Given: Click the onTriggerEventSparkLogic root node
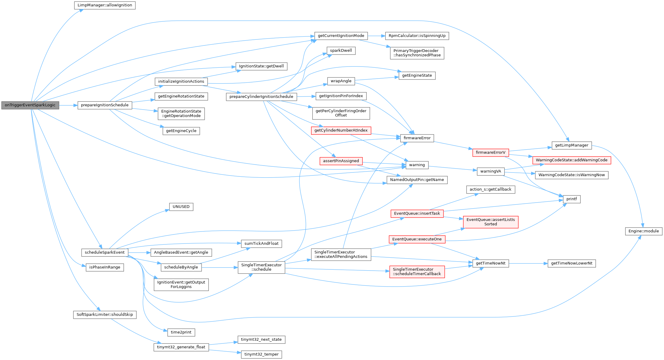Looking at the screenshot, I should (30, 105).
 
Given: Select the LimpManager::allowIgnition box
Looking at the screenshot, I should (105, 5).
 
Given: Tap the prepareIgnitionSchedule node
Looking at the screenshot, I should (105, 105).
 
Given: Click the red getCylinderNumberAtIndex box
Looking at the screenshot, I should (341, 130).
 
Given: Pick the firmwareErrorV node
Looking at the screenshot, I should (490, 152).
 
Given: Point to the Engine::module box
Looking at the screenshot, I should (644, 231).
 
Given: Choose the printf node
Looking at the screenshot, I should (571, 199).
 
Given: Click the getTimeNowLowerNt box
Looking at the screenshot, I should (571, 263).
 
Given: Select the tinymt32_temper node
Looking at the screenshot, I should (261, 354).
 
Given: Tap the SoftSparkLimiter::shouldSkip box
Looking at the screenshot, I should (105, 315).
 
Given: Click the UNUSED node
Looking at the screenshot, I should (181, 207).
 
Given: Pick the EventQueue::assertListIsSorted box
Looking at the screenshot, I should (490, 222).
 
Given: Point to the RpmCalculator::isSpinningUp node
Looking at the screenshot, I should (417, 36).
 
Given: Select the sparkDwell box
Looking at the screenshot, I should (341, 51).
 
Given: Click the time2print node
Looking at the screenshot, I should (181, 332).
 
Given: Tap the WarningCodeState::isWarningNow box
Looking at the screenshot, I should (571, 175).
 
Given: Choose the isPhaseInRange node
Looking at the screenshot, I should (105, 267).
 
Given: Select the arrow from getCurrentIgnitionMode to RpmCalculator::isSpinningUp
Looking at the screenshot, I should (376, 36).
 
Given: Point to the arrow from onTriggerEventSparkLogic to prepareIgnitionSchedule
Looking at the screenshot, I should (68, 105).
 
